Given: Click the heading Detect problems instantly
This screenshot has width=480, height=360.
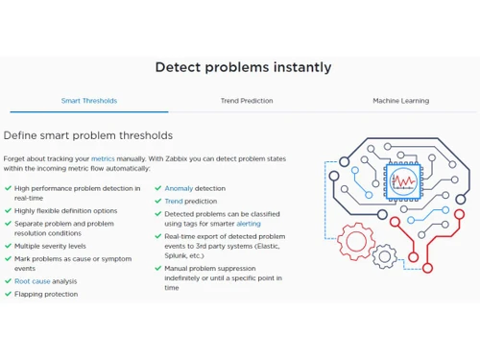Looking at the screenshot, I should (243, 67).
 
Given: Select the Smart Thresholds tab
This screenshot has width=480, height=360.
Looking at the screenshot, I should (88, 101).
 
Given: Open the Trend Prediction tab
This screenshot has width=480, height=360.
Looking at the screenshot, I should (247, 101).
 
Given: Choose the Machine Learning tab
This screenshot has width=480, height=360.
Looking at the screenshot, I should (400, 101).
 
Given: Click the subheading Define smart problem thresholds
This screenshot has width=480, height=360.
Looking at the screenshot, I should (88, 135).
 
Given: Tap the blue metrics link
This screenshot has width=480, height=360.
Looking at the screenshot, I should (103, 157).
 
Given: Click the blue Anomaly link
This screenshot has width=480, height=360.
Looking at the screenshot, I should (179, 188).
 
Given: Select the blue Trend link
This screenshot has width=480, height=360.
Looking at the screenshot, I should (174, 202).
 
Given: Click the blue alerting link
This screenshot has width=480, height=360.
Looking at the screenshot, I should (248, 224).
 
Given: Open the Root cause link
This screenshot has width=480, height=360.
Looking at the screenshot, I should (33, 281).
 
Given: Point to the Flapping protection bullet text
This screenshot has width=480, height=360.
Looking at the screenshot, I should (46, 294).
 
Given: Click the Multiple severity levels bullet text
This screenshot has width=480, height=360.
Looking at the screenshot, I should (50, 246).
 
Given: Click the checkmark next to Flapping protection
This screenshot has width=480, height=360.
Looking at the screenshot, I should (8, 294).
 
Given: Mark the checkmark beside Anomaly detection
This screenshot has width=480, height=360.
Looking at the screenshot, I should (157, 188).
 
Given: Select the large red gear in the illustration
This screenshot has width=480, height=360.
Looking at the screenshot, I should (357, 241).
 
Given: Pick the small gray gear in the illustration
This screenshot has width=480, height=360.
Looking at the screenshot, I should (384, 255).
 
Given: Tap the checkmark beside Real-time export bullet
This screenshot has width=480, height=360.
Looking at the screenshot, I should (157, 236).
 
